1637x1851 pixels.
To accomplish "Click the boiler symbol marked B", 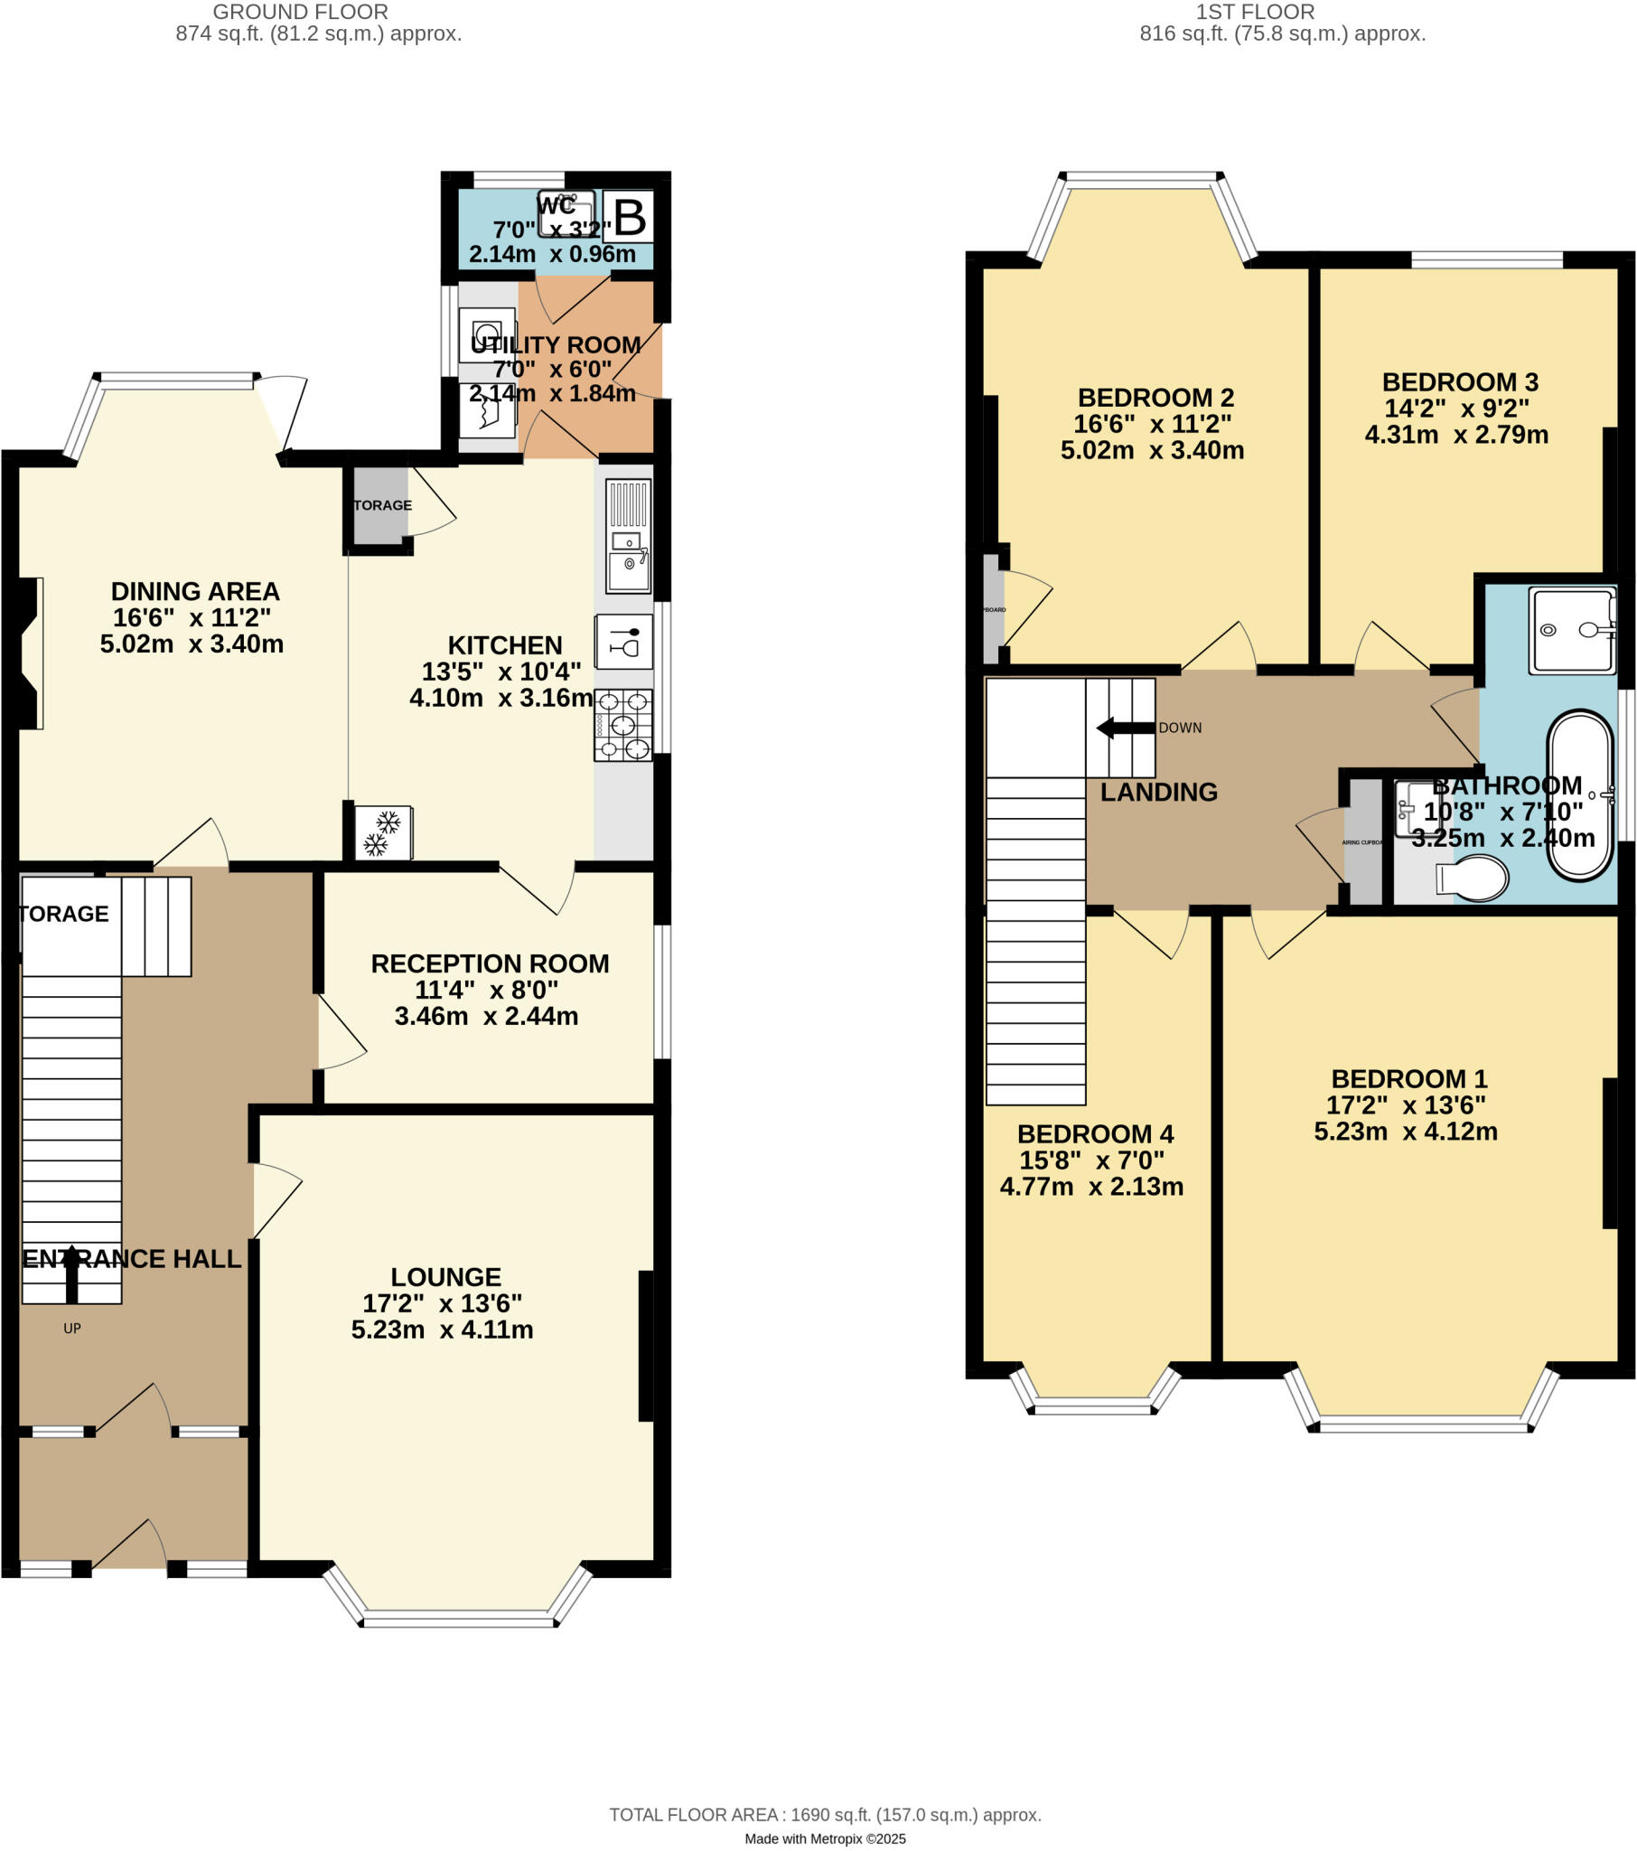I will [630, 216].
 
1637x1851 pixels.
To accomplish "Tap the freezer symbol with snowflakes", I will [383, 832].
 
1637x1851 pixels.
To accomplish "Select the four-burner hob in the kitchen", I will [623, 725].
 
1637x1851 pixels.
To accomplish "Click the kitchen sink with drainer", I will [629, 534].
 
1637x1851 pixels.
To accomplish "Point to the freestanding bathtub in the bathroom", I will [1580, 795].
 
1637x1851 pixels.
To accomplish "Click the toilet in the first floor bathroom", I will [1474, 878].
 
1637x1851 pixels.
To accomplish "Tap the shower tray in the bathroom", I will [1573, 630].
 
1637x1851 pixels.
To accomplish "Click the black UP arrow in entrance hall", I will [71, 1273].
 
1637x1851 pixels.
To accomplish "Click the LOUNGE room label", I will [445, 1277].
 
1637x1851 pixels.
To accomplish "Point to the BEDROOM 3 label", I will [1460, 382].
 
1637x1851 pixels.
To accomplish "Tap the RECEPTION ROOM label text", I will [490, 963].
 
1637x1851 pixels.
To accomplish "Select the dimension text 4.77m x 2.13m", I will [1091, 1187].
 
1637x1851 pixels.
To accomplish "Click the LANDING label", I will [1159, 793].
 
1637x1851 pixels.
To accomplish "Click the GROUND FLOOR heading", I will [301, 12].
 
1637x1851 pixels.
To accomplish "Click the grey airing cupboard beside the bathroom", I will [1363, 842].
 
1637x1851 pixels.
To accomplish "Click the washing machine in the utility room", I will [487, 335].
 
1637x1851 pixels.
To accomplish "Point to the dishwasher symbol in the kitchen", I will [624, 642].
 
